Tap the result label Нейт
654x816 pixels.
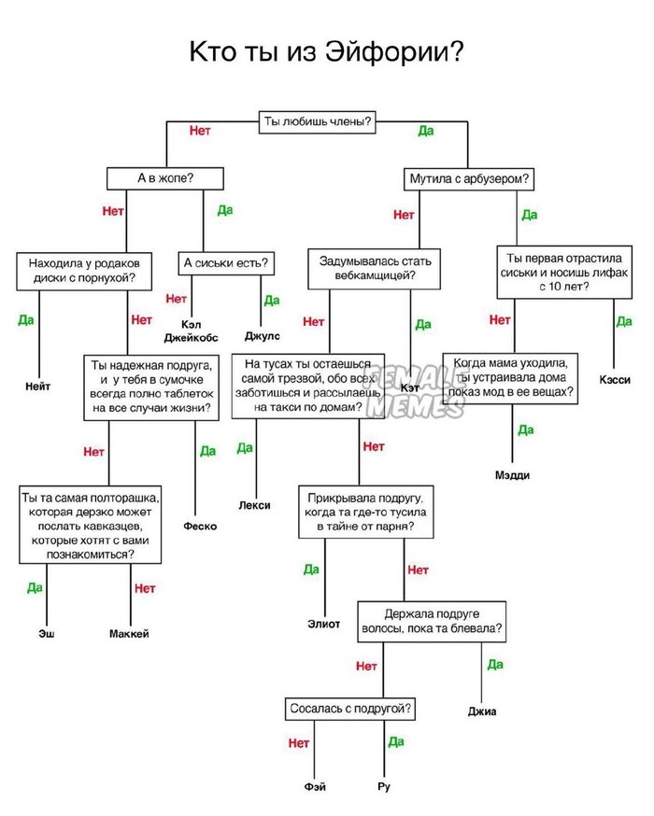click(38, 386)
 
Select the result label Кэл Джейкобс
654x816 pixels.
click(192, 331)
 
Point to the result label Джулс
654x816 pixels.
click(262, 335)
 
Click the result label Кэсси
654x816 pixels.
click(615, 380)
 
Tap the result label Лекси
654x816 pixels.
click(254, 505)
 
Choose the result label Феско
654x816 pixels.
click(200, 526)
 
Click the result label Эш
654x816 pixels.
click(46, 634)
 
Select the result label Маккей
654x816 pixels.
click(129, 634)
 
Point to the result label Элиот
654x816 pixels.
click(323, 623)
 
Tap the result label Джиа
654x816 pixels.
click(482, 711)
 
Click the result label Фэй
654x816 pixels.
click(315, 787)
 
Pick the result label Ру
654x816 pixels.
click(384, 787)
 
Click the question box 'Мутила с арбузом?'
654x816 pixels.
click(471, 178)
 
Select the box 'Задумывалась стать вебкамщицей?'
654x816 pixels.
click(375, 268)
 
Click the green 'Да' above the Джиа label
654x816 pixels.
click(494, 664)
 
